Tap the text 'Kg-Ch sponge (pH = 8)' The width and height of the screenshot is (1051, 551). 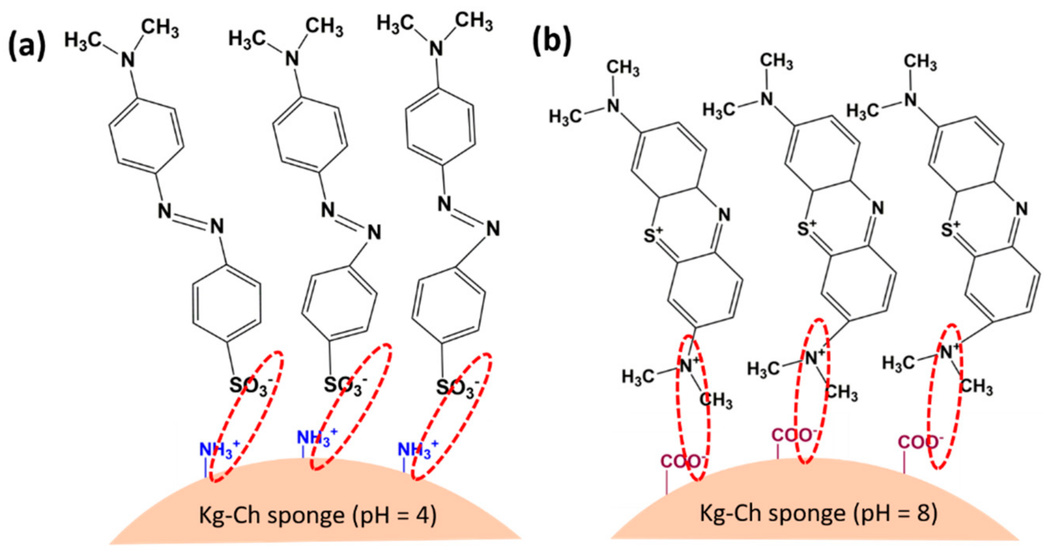point(818,513)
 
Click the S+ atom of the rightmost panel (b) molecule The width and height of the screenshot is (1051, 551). point(950,229)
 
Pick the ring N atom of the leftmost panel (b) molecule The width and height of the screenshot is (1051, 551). point(723,215)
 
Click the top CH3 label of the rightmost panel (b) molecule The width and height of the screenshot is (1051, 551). point(920,63)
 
